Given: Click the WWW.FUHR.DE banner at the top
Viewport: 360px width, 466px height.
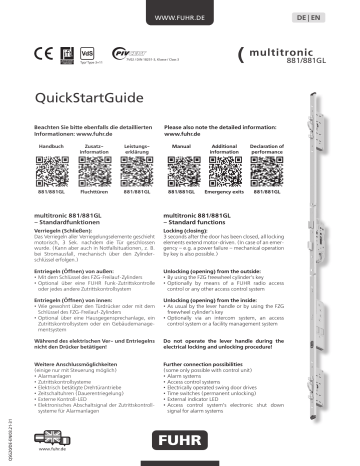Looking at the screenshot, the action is pyautogui.click(x=179, y=18).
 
